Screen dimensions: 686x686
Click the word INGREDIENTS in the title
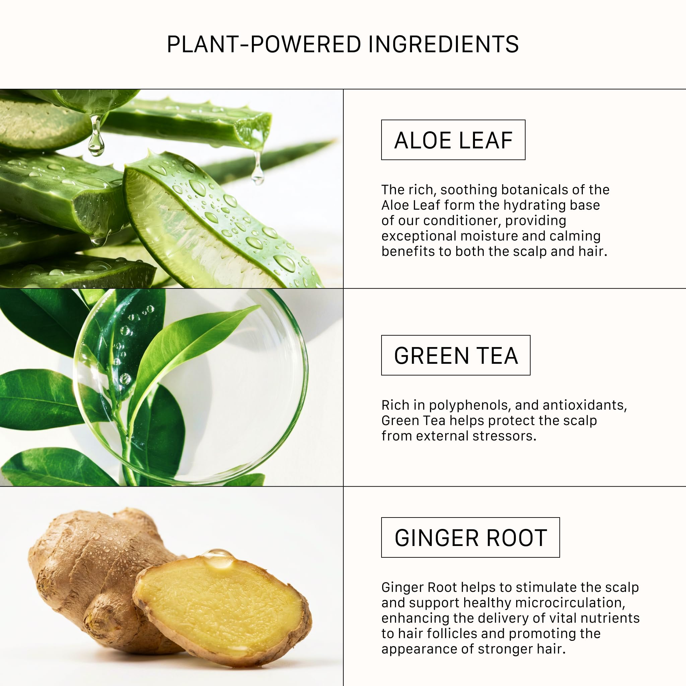443,45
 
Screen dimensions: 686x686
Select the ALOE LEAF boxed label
453,140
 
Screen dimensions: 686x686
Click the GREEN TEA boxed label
456,355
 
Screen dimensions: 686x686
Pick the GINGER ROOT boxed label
471,537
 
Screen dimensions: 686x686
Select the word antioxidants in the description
585,405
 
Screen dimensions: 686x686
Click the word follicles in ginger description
452,633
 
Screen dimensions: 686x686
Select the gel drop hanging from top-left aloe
96,136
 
